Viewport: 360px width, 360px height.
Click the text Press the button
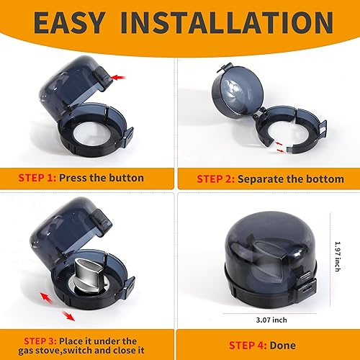[x=102, y=177]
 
